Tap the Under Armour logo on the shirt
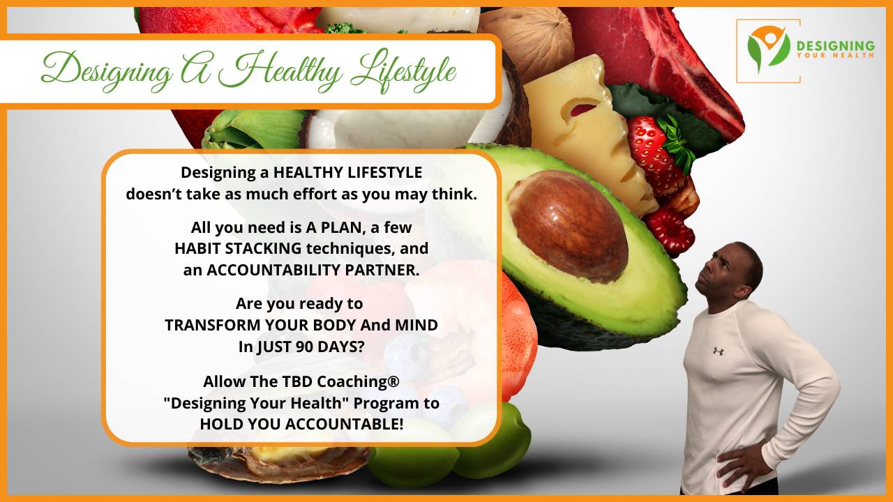(x=718, y=351)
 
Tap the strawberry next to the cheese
(x=656, y=150)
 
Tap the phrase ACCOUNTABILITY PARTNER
(x=313, y=271)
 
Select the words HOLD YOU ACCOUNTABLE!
(x=301, y=424)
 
